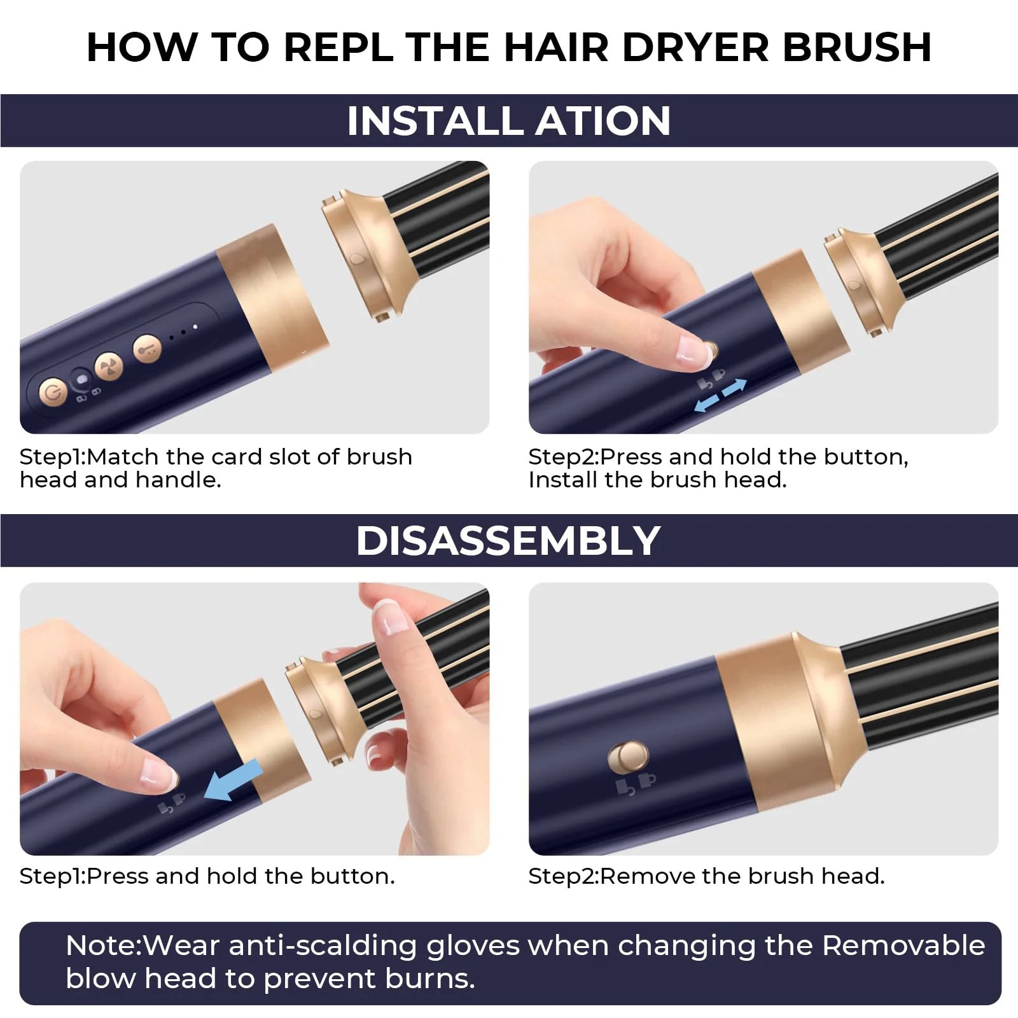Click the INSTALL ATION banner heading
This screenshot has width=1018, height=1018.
pyautogui.click(x=508, y=121)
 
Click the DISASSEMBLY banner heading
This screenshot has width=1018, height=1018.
pyautogui.click(x=508, y=541)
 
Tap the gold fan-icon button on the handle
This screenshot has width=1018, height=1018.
pyautogui.click(x=108, y=368)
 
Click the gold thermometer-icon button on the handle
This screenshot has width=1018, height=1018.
pyautogui.click(x=147, y=348)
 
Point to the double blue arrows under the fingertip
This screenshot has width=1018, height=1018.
pyautogui.click(x=720, y=395)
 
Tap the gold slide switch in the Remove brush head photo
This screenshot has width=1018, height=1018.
pyautogui.click(x=628, y=758)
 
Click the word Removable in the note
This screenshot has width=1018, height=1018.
pyautogui.click(x=903, y=946)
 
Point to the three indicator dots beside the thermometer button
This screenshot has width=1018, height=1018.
pyautogui.click(x=183, y=330)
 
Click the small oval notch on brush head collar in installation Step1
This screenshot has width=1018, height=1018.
pyautogui.click(x=356, y=259)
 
